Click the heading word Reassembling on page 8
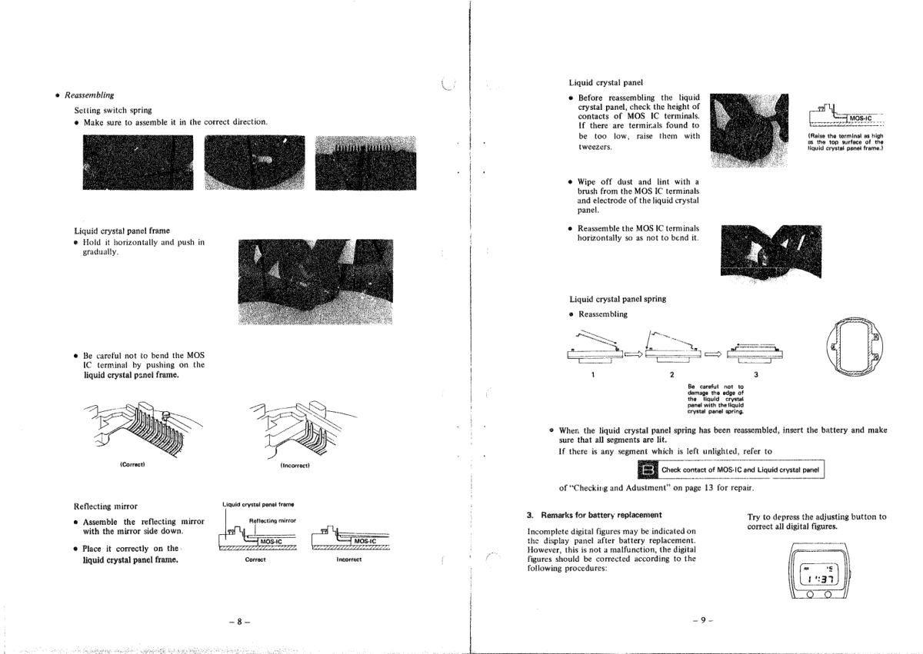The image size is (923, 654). click(x=89, y=95)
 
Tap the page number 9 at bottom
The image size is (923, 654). click(x=699, y=621)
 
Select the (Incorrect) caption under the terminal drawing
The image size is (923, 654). click(x=296, y=465)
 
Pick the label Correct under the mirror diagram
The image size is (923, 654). click(x=255, y=559)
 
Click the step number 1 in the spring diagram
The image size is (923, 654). click(x=593, y=374)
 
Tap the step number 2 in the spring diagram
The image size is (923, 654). click(x=671, y=374)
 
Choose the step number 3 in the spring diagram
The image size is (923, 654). click(x=755, y=374)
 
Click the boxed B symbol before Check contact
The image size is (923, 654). click(x=648, y=470)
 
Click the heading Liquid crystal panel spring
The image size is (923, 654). click(x=617, y=299)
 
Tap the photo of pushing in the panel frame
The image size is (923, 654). click(x=315, y=282)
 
